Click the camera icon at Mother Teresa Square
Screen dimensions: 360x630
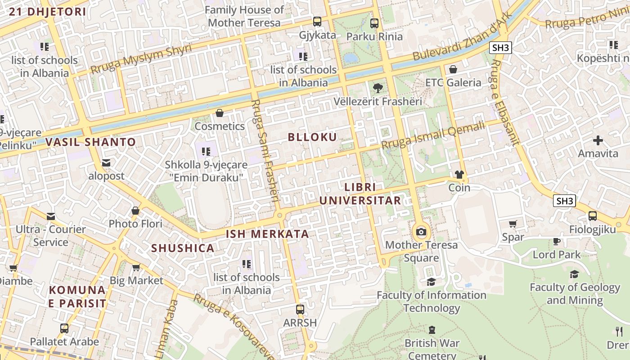[421, 232]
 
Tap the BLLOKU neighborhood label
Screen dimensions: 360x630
[312, 137]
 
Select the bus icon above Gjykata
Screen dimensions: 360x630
[317, 21]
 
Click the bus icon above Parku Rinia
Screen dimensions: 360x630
[374, 23]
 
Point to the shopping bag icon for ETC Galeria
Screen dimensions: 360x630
[453, 69]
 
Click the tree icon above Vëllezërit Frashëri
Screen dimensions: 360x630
[378, 88]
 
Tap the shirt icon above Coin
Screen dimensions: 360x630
[459, 175]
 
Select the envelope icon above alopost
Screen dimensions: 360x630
[106, 163]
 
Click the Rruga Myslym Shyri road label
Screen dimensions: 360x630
[141, 59]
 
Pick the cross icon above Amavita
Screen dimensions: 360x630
[598, 140]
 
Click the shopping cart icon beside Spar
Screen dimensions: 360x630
[513, 224]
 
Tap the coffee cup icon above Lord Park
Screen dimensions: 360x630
[557, 241]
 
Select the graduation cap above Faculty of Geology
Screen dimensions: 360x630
[575, 274]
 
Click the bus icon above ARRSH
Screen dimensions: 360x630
[300, 310]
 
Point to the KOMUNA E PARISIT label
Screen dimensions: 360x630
[77, 297]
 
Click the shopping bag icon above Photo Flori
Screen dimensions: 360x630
[135, 211]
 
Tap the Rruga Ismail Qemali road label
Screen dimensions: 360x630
[433, 135]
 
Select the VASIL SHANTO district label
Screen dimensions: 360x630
[90, 142]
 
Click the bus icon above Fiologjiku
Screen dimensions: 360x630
[593, 216]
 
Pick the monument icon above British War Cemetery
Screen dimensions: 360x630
[432, 330]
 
